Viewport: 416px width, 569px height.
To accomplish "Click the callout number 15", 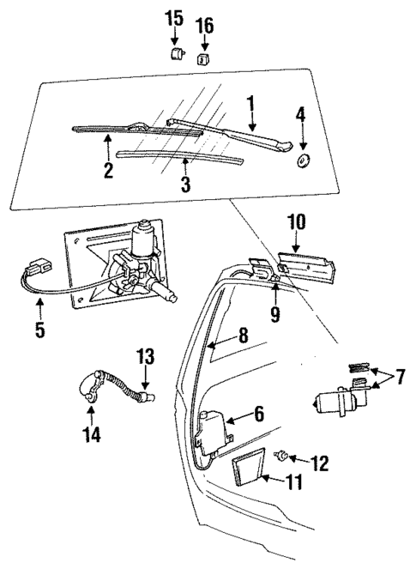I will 174,17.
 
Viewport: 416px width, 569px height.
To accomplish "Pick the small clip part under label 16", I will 205,58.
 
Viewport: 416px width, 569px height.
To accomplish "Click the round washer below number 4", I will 303,161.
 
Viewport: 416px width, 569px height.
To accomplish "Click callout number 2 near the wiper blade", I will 108,170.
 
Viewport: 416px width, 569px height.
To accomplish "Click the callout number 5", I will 40,328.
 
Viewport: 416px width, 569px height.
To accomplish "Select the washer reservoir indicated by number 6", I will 212,428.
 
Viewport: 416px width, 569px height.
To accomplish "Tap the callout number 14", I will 92,435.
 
